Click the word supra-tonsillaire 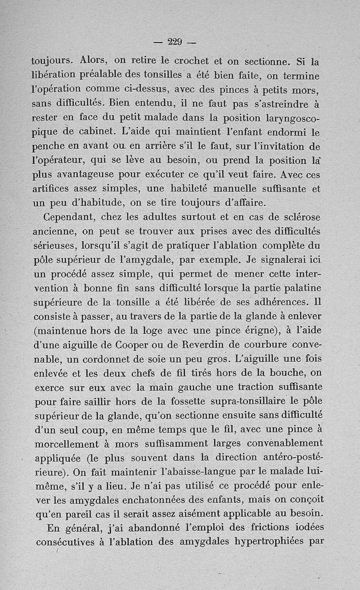click(x=255, y=401)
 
